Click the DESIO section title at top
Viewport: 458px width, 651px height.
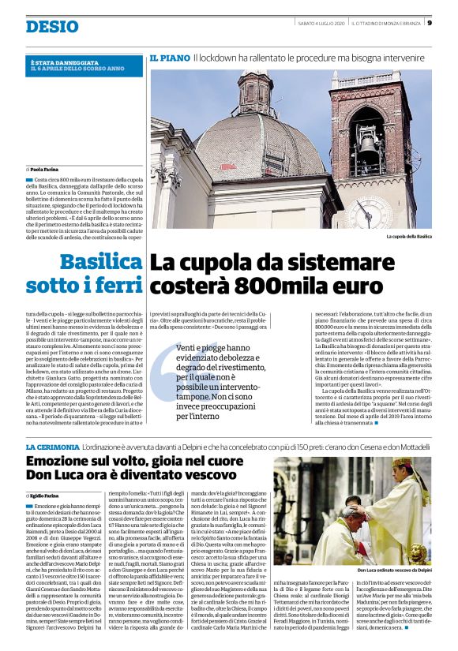click(52, 27)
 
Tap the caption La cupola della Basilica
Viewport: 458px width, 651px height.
click(408, 237)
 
